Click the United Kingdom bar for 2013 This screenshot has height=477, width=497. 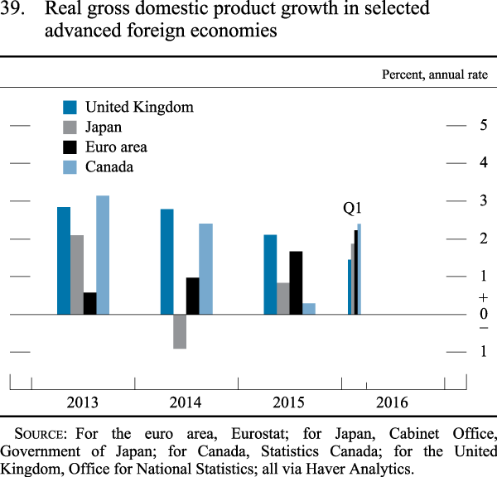click(x=64, y=261)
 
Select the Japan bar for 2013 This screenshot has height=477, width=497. click(x=77, y=275)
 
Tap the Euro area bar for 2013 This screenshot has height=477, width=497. click(x=90, y=303)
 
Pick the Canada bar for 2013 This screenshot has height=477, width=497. click(x=103, y=255)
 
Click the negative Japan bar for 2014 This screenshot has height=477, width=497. click(x=180, y=331)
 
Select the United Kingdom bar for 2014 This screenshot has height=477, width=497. click(x=166, y=262)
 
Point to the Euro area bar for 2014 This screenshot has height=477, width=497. click(x=192, y=296)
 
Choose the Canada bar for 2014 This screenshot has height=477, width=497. click(x=205, y=269)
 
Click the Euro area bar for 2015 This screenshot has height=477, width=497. click(x=296, y=282)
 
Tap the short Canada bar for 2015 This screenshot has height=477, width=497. click(x=309, y=309)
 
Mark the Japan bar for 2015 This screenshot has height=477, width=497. click(x=282, y=298)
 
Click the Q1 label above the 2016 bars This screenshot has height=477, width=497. click(x=353, y=209)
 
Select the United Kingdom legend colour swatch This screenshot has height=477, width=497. click(x=70, y=107)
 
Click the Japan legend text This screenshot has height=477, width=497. click(x=104, y=127)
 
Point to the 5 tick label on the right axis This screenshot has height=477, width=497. click(x=482, y=126)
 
